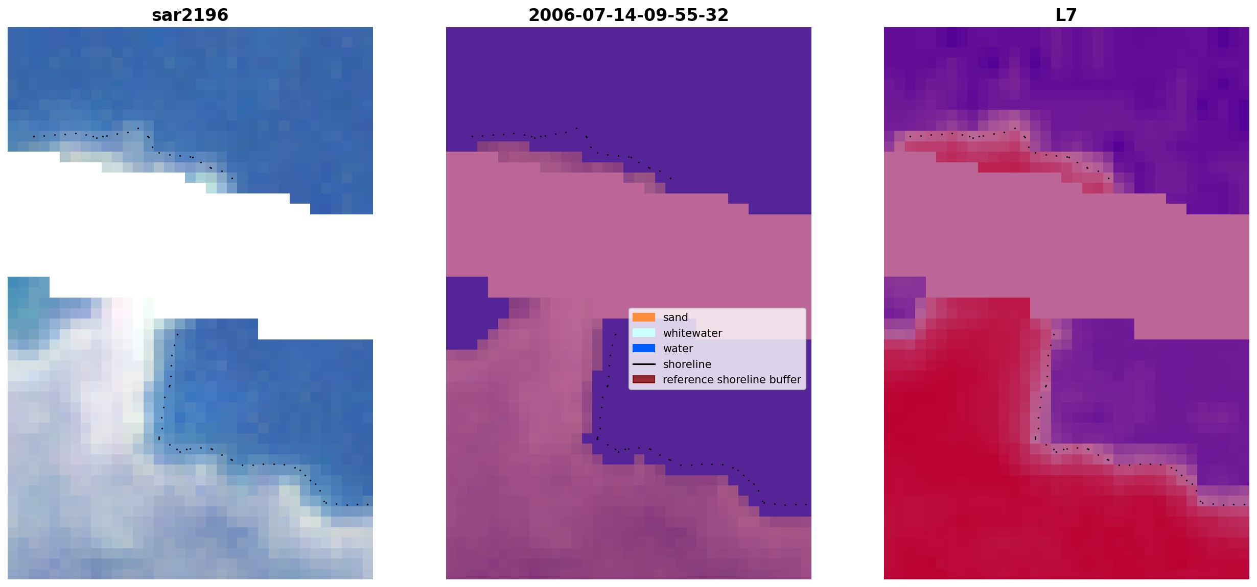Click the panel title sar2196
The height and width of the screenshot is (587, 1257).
pos(190,15)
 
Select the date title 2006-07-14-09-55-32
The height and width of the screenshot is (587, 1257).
pos(628,15)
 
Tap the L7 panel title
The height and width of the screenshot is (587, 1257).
pos(1066,15)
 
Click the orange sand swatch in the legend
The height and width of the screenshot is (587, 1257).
pos(644,317)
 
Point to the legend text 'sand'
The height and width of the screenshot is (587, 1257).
pos(676,317)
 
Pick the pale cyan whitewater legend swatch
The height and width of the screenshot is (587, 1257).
pos(644,333)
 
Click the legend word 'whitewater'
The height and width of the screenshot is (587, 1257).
pos(692,333)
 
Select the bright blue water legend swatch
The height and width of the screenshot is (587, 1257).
pos(644,349)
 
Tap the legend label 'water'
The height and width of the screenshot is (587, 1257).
pos(678,349)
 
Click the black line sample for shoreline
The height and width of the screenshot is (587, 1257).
pos(644,364)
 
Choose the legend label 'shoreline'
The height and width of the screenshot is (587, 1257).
pos(687,364)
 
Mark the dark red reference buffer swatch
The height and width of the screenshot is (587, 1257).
pos(644,380)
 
